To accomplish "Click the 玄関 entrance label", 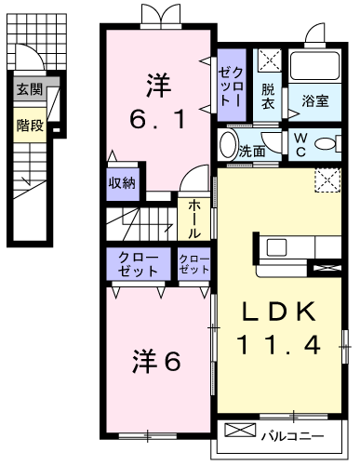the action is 30,89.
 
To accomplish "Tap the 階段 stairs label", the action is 30,126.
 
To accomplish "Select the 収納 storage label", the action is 122,183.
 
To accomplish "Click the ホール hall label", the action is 194,219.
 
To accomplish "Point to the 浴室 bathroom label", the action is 315,100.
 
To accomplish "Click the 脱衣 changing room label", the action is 268,97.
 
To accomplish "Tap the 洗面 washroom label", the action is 252,152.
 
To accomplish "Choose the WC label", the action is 300,145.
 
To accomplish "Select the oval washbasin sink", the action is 228,145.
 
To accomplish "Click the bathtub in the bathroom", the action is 314,66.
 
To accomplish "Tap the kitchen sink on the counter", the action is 277,247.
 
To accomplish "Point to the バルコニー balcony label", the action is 292,436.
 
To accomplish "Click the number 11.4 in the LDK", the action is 278,345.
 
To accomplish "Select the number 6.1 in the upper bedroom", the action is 158,119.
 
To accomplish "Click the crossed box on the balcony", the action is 240,431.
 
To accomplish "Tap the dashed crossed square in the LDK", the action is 328,180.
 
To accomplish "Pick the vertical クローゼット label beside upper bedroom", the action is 231,86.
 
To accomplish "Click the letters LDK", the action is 278,312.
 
